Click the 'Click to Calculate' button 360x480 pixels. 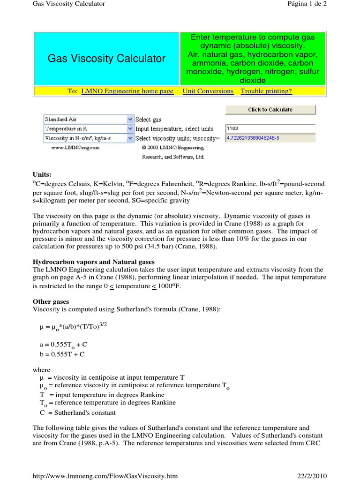(x=270, y=110)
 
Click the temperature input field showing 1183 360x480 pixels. (x=270, y=128)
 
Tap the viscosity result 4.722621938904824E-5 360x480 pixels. (x=270, y=138)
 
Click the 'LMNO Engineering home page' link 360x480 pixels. (x=127, y=91)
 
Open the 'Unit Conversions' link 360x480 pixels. (x=208, y=91)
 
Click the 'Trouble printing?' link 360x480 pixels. (x=266, y=91)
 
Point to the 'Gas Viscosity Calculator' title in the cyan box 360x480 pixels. (x=106, y=59)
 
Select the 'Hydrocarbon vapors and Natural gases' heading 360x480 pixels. (x=93, y=262)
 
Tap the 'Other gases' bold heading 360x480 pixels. (x=51, y=301)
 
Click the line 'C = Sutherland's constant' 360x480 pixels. (x=77, y=412)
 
